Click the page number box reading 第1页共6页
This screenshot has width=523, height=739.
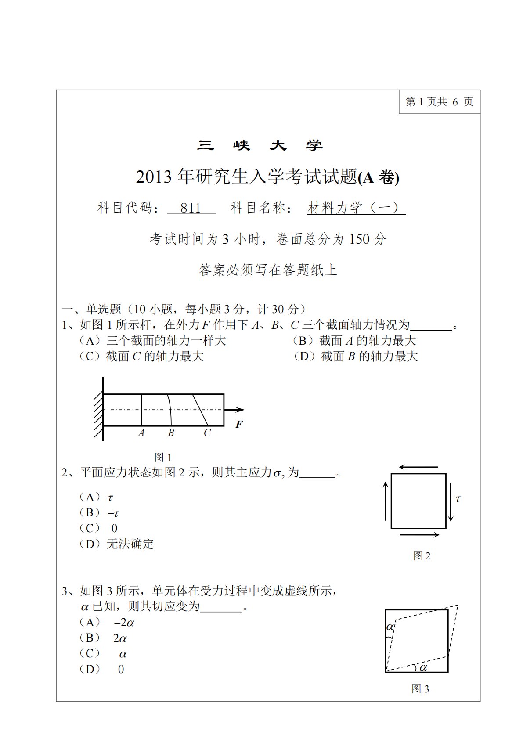pos(439,102)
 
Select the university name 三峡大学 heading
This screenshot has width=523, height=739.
pos(260,145)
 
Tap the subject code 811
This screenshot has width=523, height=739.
pos(191,208)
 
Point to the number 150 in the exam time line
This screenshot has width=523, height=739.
pos(359,239)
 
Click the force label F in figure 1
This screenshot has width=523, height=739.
pos(239,424)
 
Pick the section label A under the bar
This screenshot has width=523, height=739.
pos(141,433)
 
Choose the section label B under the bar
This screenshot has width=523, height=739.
pos(171,433)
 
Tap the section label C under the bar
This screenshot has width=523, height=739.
pos(207,433)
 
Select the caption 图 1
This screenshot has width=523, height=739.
pos(163,457)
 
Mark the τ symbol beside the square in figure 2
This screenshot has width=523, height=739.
pos(458,499)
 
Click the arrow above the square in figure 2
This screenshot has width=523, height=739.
pos(418,467)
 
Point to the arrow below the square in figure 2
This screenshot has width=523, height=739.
pos(419,535)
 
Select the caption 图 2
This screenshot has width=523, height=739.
pos(422,556)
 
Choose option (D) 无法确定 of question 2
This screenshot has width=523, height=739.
pos(116,544)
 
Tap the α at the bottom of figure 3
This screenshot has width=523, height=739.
pos(423,667)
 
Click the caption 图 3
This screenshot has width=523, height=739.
pos(420,689)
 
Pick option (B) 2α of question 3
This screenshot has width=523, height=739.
pos(104,638)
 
